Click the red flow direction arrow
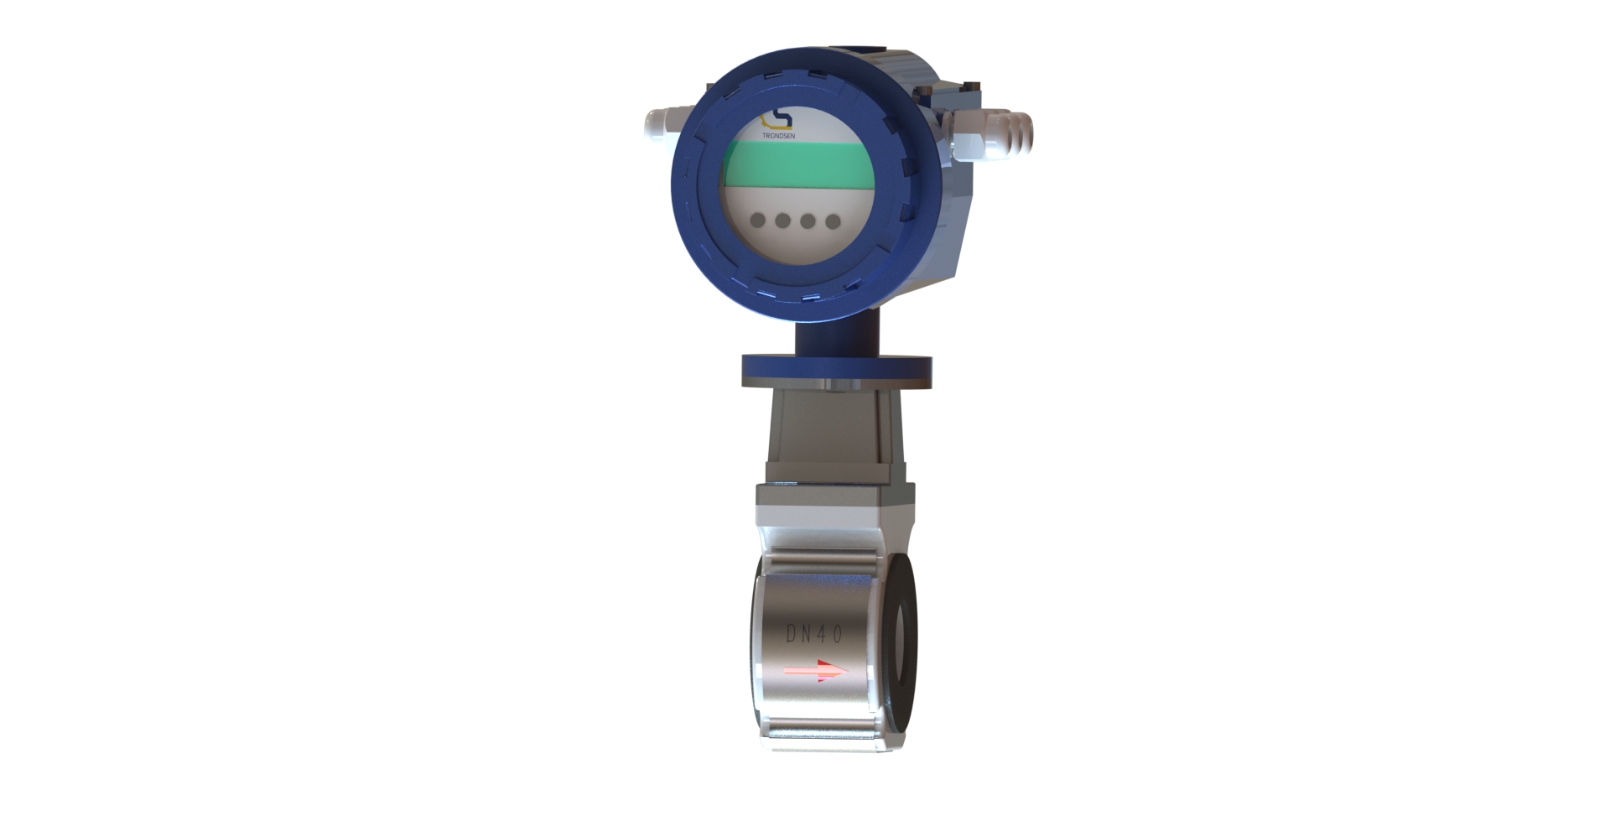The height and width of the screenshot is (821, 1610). pos(815,671)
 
